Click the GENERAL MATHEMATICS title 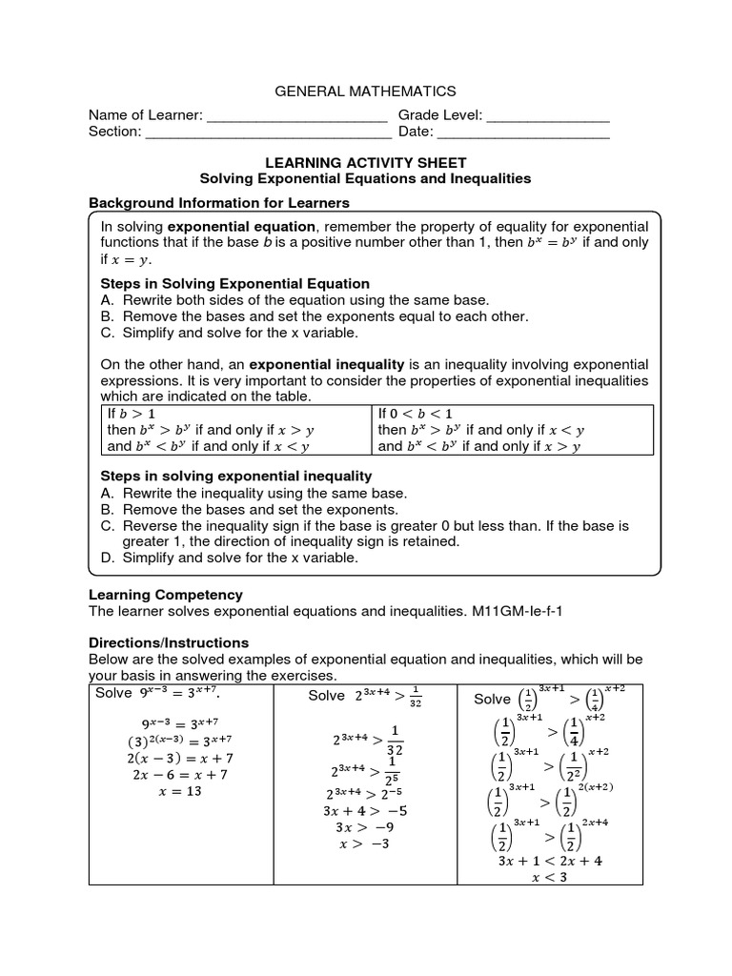365,91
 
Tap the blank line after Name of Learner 297,117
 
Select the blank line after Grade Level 548,117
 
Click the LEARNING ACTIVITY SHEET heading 365,163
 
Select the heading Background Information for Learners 219,203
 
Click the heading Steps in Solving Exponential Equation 235,284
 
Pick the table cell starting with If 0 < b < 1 512,430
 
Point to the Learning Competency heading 166,595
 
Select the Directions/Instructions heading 169,642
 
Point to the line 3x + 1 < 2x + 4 550,860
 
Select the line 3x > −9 365,826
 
